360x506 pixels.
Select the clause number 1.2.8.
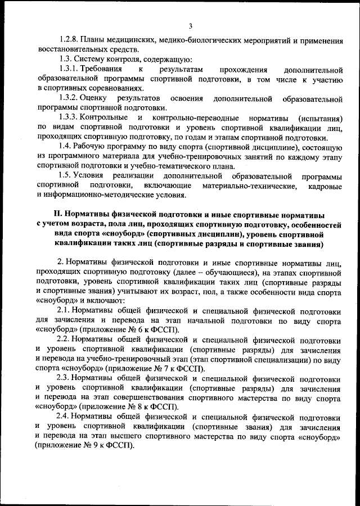coord(69,40)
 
